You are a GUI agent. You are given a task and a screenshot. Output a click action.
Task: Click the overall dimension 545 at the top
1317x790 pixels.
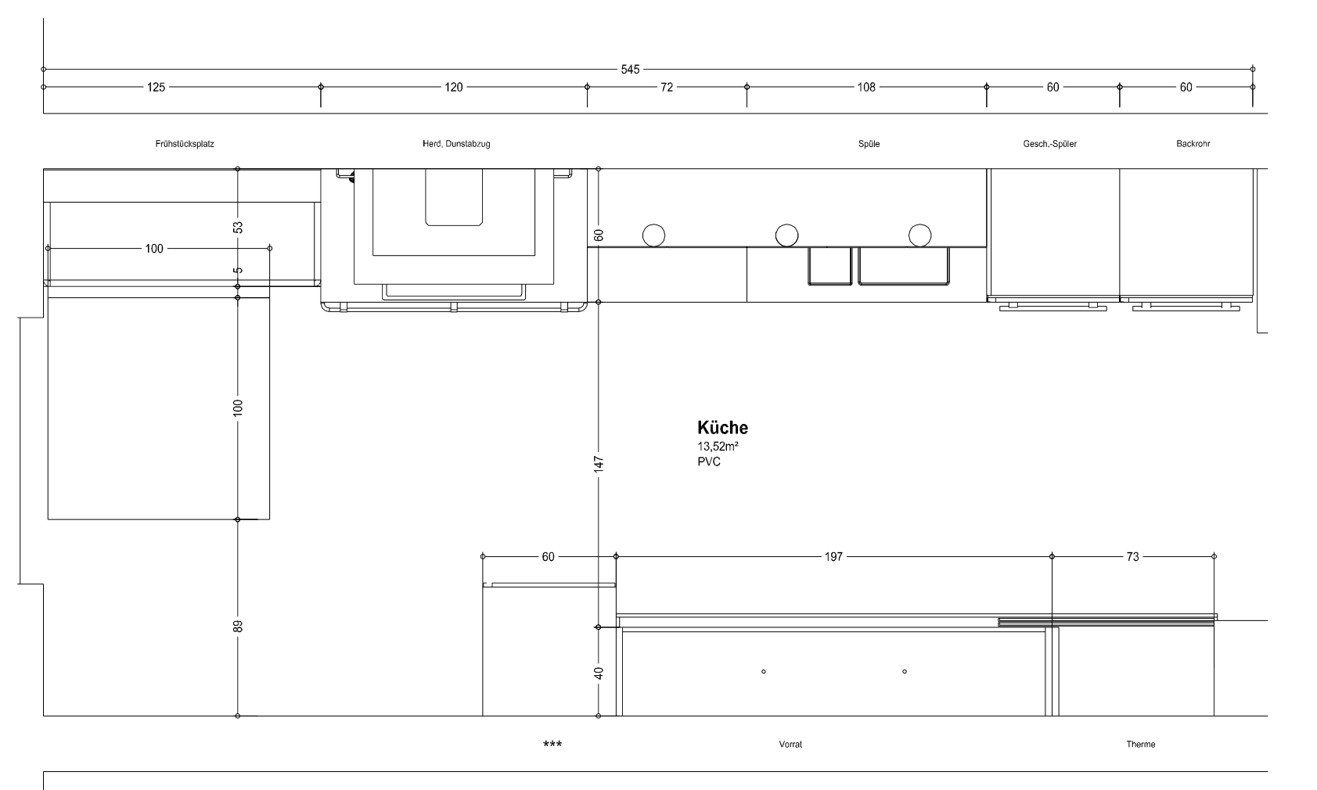coord(630,70)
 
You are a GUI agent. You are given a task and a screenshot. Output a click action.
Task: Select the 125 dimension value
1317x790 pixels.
coord(156,87)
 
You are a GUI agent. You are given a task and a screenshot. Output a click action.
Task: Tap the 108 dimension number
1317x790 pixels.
coord(866,87)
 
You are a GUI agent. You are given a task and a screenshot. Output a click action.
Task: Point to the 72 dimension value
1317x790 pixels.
coord(666,87)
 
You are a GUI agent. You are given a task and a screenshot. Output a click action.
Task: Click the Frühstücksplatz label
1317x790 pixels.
coord(185,143)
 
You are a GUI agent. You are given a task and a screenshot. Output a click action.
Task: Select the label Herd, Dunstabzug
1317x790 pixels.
coord(456,143)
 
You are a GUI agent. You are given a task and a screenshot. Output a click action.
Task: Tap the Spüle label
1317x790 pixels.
coord(869,143)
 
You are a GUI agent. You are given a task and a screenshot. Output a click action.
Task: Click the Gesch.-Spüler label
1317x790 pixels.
coord(1049,143)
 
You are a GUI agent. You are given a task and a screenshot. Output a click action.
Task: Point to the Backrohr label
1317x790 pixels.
coord(1193,143)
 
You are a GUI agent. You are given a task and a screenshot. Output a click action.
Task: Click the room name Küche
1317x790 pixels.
coord(722,427)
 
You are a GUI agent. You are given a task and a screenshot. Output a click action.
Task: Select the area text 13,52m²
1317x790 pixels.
coord(718,446)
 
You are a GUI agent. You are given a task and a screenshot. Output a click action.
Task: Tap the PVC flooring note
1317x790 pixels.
coord(709,461)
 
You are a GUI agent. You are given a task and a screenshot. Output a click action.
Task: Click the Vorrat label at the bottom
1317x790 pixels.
coord(790,744)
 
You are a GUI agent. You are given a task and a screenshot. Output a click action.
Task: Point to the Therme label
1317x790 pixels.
coord(1141,744)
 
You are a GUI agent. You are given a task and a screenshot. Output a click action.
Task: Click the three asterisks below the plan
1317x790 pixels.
coord(552,744)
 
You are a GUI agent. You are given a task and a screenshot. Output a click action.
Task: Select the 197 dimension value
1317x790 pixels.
coord(833,557)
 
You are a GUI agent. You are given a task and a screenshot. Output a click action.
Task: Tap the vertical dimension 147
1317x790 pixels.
coord(599,465)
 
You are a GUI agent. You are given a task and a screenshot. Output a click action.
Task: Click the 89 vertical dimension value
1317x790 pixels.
coord(238,627)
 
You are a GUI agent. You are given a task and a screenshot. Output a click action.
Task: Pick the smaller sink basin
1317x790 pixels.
coord(829,266)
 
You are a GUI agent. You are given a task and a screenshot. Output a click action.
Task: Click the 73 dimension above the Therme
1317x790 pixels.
coord(1132,557)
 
